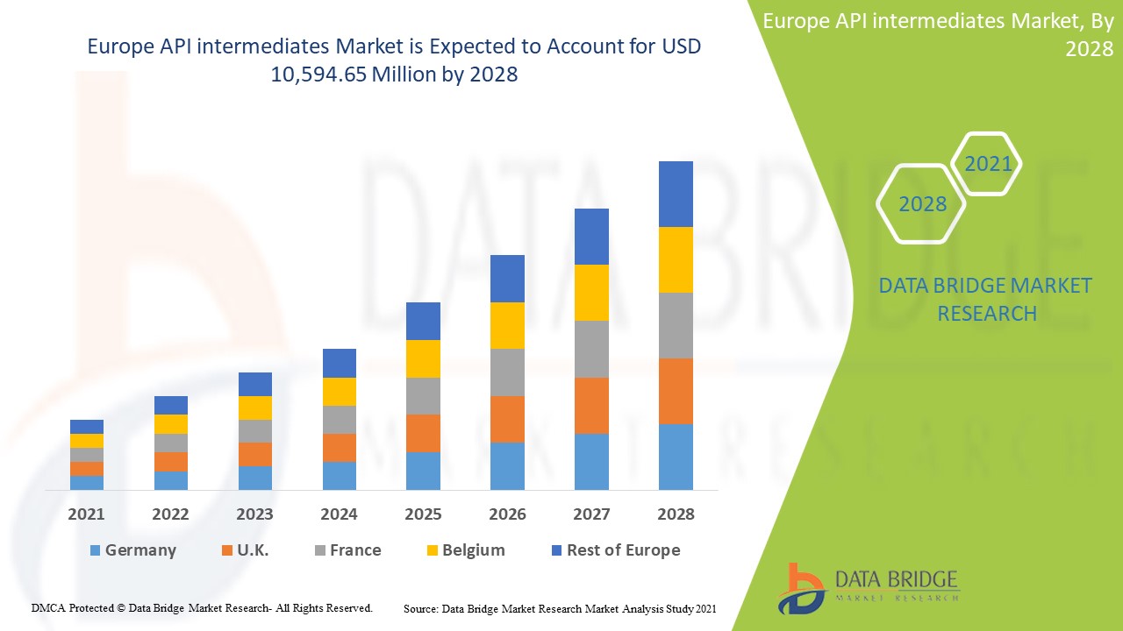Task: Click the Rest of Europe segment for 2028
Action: point(676,194)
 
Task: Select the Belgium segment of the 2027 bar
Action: point(591,293)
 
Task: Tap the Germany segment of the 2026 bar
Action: point(507,465)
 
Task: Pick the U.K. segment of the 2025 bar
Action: point(423,433)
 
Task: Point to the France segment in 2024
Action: point(340,420)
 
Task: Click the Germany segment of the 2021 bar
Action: point(87,482)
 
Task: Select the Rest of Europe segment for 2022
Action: point(171,405)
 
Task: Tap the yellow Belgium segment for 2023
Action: point(255,408)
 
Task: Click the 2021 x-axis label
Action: point(87,514)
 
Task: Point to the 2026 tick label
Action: point(507,514)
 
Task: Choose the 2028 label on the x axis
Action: point(676,514)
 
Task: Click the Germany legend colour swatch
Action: point(95,550)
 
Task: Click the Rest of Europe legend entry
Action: point(614,550)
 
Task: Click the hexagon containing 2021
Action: point(987,164)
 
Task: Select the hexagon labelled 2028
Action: point(922,203)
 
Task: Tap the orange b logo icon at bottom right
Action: point(801,587)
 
